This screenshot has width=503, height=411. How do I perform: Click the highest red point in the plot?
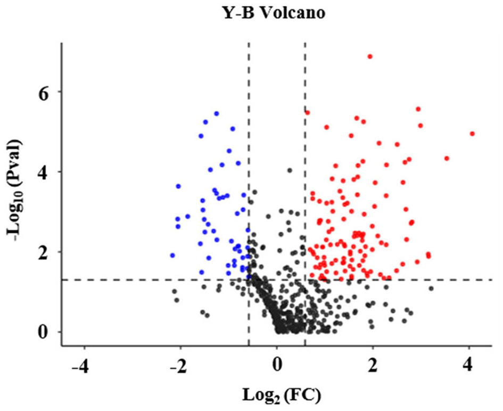(370, 56)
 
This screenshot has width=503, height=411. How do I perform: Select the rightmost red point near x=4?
(472, 134)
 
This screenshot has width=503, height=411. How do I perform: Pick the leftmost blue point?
(172, 256)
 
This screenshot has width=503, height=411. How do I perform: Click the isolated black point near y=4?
(290, 170)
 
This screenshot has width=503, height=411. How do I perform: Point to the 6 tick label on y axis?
(43, 92)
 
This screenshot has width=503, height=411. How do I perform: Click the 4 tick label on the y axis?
(43, 172)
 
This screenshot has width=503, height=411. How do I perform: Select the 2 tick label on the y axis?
(43, 252)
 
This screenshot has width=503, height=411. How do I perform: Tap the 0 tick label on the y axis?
(43, 332)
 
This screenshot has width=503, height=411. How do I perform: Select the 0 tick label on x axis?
(277, 367)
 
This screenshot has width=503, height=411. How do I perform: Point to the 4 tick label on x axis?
(469, 367)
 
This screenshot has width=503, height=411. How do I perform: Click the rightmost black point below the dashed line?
(431, 289)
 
